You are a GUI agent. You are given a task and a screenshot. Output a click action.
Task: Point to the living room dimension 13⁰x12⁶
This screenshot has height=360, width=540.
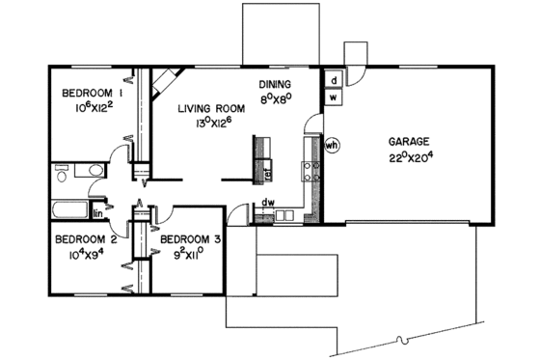point(209,125)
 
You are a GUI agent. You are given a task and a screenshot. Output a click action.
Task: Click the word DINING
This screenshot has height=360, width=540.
point(277,82)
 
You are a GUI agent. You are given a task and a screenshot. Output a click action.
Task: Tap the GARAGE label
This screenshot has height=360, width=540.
point(408,140)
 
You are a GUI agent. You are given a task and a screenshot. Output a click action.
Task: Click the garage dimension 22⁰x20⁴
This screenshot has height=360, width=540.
point(409,154)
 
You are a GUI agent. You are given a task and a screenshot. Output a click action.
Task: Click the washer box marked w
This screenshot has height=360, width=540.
point(332,97)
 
